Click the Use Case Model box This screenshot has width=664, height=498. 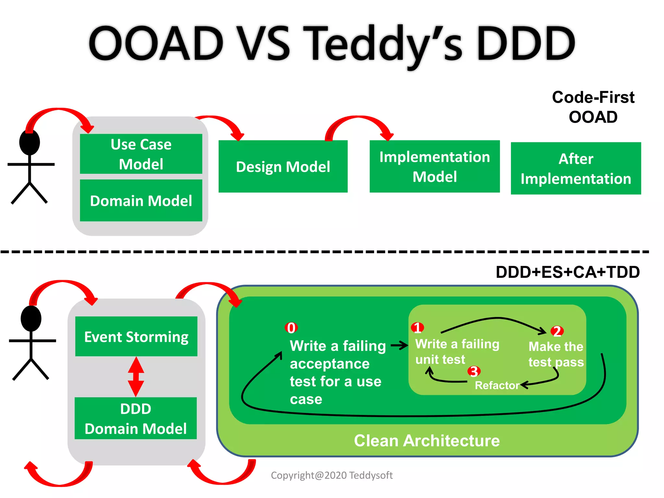pos(141,154)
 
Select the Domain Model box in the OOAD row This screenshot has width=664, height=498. pos(141,201)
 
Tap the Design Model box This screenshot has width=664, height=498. pos(283,167)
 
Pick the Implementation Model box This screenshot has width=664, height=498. pos(434,167)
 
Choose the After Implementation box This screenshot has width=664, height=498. pos(576,169)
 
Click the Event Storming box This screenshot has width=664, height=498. pos(136,337)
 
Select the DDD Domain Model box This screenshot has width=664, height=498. pos(136,418)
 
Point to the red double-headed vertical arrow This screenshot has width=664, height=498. pos(136,377)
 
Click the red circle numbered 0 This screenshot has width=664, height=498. pos(291,328)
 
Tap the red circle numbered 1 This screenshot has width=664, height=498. pos(417,327)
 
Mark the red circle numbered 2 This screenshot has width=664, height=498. pos(557,331)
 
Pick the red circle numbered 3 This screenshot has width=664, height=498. pos(474,371)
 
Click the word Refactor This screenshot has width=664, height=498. pos(497,385)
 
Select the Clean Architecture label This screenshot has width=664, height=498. pos(427,441)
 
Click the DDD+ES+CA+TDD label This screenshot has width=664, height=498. pos(567,272)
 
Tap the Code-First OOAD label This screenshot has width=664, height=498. pos(593,107)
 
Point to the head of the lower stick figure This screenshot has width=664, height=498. pos(31,318)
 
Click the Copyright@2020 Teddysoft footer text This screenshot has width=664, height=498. pos(332,475)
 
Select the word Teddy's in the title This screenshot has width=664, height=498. pos(383,44)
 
